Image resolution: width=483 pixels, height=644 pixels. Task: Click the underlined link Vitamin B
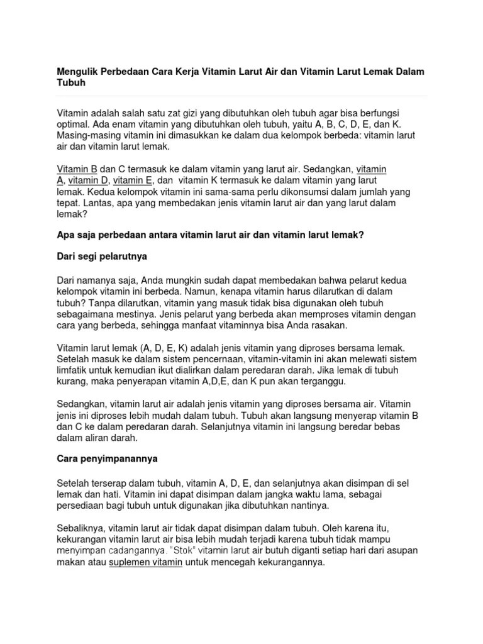(77, 169)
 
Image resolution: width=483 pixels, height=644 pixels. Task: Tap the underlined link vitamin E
(134, 180)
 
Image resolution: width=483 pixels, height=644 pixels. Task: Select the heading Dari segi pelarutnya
(102, 257)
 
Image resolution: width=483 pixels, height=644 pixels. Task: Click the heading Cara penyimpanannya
(107, 460)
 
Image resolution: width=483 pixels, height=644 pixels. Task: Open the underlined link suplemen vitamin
(146, 562)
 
